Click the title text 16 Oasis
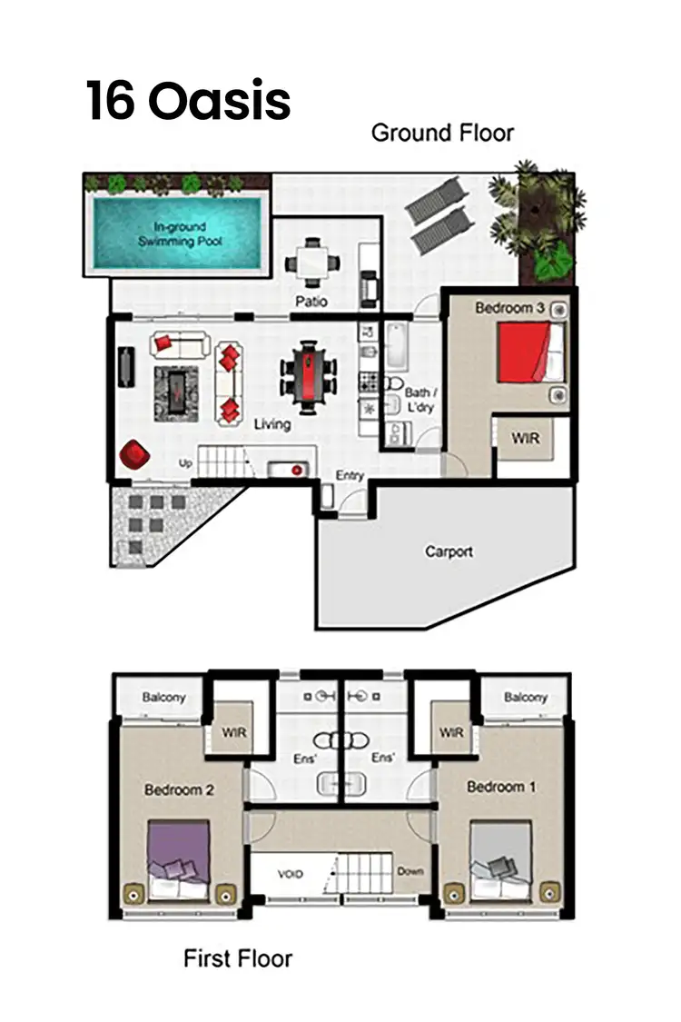click(188, 100)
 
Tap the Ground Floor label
click(442, 133)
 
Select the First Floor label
click(238, 958)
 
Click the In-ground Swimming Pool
click(180, 233)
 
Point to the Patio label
click(311, 301)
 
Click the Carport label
click(449, 551)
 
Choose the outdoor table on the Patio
click(312, 263)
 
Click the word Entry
click(350, 475)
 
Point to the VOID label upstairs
click(290, 875)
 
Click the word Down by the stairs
click(410, 871)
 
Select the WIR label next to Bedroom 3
click(525, 439)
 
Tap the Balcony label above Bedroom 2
click(163, 698)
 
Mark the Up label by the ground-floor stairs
click(185, 463)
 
